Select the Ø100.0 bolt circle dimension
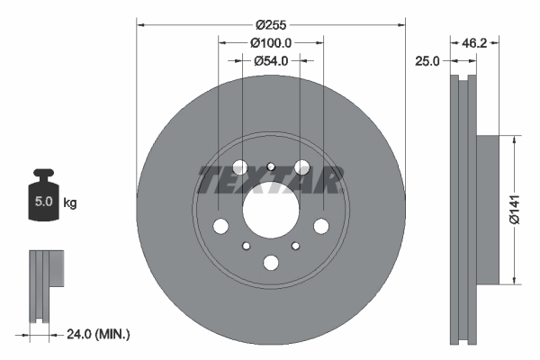point(271,43)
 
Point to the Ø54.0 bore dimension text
point(271,61)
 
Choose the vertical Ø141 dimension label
point(512,208)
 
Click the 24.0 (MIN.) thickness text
point(99,334)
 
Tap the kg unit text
point(70,203)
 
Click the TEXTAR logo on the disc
point(271,179)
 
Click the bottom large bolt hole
point(271,263)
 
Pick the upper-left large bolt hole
point(238,166)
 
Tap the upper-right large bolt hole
point(303,166)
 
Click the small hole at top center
point(271,165)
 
